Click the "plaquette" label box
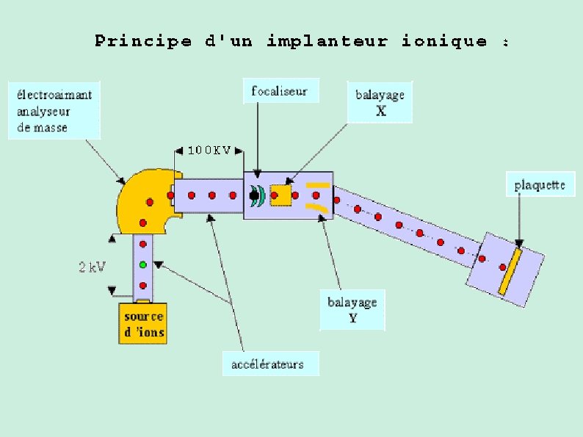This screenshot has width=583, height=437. coord(540,185)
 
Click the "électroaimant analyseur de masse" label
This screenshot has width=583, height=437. coord(54,111)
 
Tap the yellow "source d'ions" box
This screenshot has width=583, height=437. coord(144,324)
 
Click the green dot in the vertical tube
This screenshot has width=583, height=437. coord(143,264)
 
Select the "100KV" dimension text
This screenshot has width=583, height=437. coord(209,151)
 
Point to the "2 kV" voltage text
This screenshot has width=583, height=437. coord(92,267)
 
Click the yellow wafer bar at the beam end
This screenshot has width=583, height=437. coord(510,272)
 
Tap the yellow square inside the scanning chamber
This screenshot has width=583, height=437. coord(280,195)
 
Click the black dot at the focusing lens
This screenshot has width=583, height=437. coord(254,195)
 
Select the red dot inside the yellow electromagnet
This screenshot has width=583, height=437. coord(150,201)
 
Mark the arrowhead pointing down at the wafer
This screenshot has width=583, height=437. coord(519,242)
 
